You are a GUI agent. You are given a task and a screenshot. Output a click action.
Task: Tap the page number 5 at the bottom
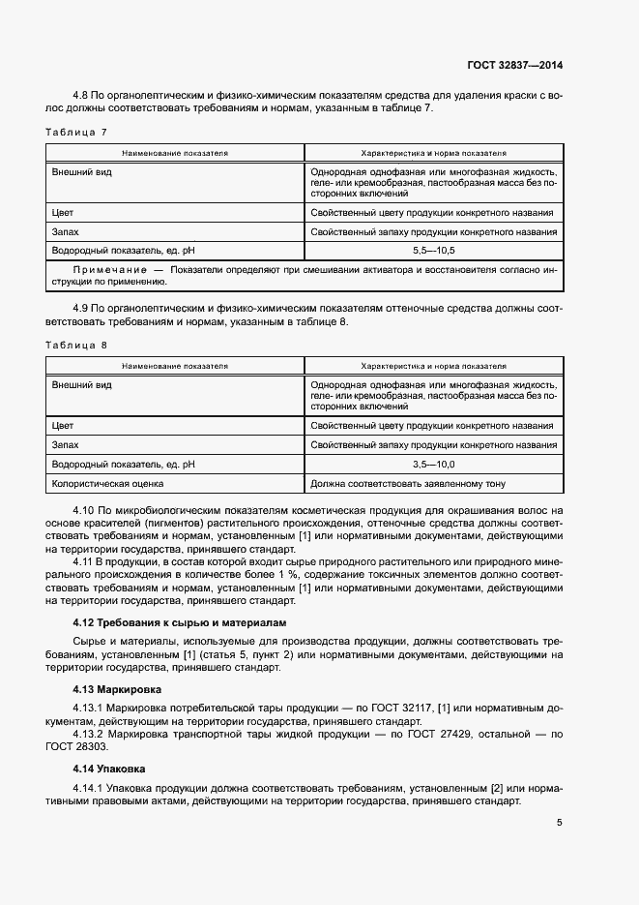(560, 823)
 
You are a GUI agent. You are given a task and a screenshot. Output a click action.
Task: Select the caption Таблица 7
(76, 131)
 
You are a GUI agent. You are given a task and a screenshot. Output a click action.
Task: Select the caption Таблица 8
(76, 345)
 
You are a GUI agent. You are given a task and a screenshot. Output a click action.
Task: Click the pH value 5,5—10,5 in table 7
(432, 251)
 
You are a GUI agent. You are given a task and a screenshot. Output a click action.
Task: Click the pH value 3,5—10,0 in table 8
(432, 465)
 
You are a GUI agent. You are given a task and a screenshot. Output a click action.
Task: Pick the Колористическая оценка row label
(107, 483)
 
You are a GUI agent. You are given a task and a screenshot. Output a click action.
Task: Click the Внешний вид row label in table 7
(81, 170)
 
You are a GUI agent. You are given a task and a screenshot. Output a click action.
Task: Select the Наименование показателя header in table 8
(175, 367)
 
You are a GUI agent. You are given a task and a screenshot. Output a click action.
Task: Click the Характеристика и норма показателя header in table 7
(433, 153)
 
